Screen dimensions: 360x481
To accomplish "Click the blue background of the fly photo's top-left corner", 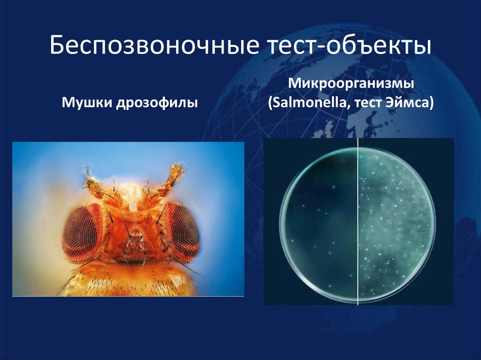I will point(28,155).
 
